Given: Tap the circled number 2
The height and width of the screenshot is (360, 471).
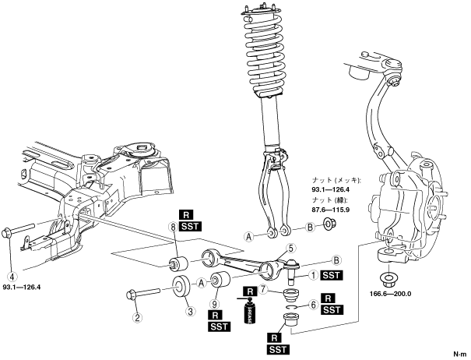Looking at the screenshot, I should pyautogui.click(x=138, y=317).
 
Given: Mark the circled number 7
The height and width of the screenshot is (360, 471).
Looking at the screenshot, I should pyautogui.click(x=265, y=289).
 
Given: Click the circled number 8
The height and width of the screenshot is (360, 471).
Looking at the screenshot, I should pyautogui.click(x=174, y=228).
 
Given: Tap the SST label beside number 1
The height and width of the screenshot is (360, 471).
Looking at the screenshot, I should pyautogui.click(x=332, y=274).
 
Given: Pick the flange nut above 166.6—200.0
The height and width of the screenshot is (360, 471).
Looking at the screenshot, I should pyautogui.click(x=388, y=278).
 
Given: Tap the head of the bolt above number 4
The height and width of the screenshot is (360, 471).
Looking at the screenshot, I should pyautogui.click(x=8, y=231).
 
